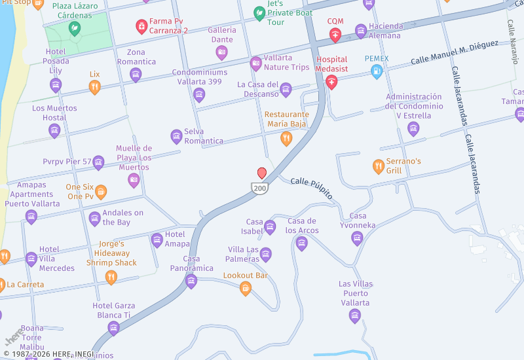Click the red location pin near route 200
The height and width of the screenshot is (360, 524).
click(262, 173)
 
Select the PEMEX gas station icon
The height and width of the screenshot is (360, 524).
click(377, 71)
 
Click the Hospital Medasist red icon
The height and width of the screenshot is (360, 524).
click(331, 82)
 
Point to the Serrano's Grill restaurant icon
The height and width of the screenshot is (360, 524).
click(378, 166)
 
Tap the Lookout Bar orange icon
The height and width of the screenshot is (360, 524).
click(246, 288)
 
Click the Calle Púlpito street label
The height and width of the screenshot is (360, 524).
click(311, 188)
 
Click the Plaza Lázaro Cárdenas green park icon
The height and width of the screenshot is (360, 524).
click(75, 28)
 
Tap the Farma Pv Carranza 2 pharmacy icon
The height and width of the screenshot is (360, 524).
click(141, 26)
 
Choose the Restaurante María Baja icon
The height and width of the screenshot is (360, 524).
click(286, 138)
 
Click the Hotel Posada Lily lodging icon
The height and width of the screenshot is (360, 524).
click(56, 84)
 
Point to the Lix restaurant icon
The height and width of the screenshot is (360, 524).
click(95, 87)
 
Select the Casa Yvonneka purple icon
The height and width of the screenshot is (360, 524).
click(357, 238)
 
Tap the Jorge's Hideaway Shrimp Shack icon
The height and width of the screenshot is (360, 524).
click(111, 278)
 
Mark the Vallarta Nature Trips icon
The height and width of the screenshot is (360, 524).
click(256, 63)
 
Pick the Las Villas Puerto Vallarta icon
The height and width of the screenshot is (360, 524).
click(355, 317)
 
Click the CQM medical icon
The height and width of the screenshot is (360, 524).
click(335, 34)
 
